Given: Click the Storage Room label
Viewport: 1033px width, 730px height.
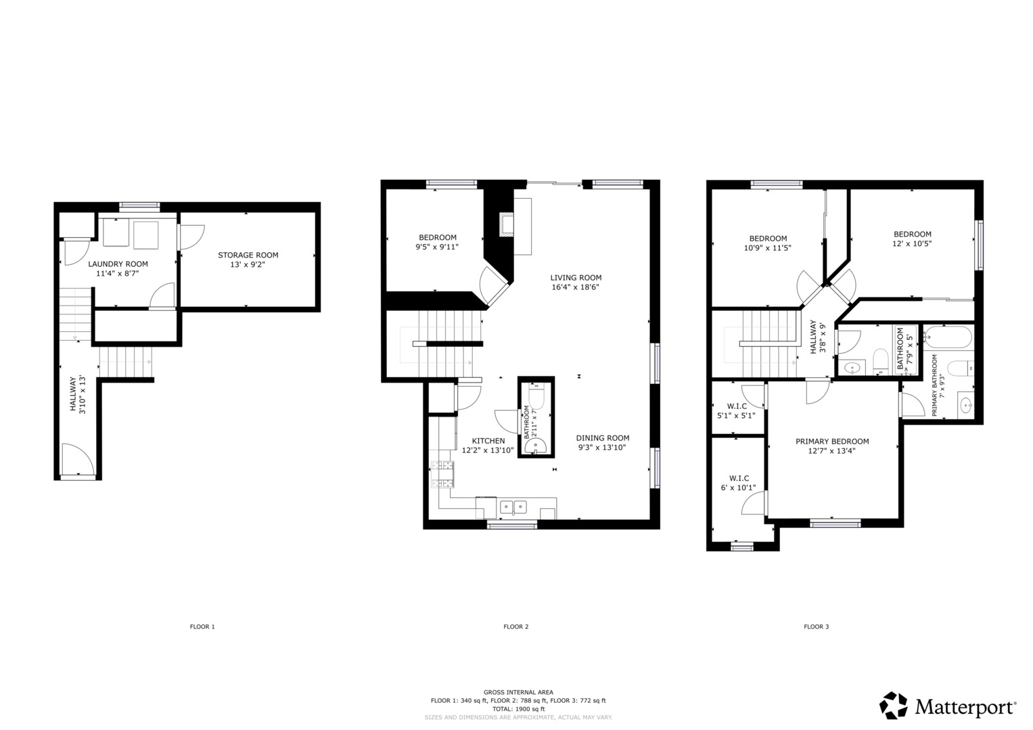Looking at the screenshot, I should coord(248,255).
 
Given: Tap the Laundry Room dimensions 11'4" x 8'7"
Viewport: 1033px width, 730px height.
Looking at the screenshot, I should coord(118,274).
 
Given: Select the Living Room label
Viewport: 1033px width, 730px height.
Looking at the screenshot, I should coord(576,278).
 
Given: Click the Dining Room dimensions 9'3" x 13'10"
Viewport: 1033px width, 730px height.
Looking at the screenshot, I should coord(602,447).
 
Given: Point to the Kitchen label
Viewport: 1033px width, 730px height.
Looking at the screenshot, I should coord(488,441).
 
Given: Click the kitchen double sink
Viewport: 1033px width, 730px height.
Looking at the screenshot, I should coord(514,506).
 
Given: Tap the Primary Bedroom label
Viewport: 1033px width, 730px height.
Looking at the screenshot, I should coord(832,441).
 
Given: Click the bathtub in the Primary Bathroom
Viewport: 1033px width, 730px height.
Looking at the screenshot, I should coord(947,336).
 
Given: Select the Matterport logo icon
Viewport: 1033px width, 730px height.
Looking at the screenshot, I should coord(893,706).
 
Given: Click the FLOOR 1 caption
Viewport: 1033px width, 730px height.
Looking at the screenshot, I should coord(202,627).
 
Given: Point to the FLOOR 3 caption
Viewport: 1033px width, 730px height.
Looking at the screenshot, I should coord(816,627).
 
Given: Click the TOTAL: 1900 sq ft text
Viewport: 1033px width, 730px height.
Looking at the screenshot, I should coord(518,709).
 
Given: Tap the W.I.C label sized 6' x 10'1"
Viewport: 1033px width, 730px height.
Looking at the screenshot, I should coord(739,479).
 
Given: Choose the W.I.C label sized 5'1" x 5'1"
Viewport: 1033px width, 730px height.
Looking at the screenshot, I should coord(737,406).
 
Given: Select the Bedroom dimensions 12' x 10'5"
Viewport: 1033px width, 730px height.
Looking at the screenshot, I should coord(912,244).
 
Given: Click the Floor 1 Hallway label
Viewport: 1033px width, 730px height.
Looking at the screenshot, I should coord(73,395).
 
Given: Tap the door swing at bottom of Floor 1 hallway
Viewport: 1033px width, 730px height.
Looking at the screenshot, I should coord(76,460).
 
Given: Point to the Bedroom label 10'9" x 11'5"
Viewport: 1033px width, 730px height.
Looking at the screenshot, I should coord(768,239).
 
